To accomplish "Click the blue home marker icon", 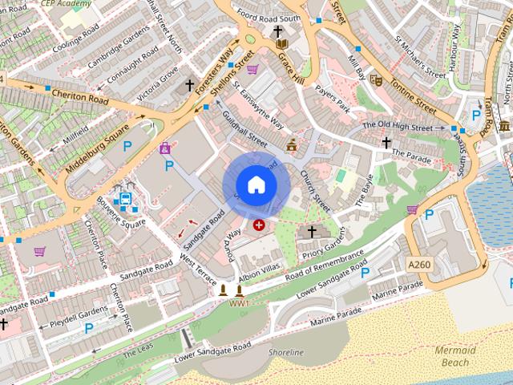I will coord(256,185).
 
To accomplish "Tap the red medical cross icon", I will coord(259,225).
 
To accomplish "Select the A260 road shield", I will coord(419,264).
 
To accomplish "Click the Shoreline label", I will coord(286,352).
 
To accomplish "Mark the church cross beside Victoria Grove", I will coord(190,84).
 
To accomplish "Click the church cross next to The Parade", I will coord(386,143).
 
